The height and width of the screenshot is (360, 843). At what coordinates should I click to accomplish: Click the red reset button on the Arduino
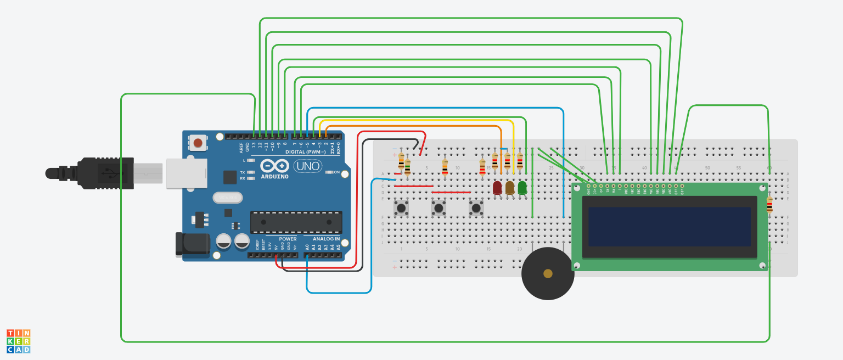click(198, 144)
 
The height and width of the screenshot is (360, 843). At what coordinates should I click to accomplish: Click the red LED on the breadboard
click(497, 188)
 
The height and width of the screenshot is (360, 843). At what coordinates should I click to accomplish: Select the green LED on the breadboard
click(522, 188)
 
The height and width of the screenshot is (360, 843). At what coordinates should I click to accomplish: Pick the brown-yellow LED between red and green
click(510, 188)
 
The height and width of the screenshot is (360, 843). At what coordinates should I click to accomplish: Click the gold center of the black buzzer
click(547, 273)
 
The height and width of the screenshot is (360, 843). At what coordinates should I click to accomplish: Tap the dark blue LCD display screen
click(670, 227)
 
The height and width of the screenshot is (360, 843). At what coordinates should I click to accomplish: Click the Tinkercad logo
click(18, 341)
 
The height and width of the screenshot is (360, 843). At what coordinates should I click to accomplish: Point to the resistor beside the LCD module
click(769, 205)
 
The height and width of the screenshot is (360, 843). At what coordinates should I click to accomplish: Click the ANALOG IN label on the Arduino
click(326, 239)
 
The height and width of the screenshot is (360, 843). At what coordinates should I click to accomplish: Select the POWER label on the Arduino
click(287, 239)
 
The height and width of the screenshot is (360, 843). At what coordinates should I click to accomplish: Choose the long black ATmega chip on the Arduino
click(296, 222)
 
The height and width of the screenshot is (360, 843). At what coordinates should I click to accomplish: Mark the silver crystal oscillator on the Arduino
click(227, 198)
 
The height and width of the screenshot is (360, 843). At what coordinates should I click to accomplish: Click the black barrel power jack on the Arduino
click(192, 244)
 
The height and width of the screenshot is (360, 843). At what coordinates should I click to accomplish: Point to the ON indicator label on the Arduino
click(345, 172)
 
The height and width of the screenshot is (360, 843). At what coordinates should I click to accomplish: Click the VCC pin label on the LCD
click(594, 192)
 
